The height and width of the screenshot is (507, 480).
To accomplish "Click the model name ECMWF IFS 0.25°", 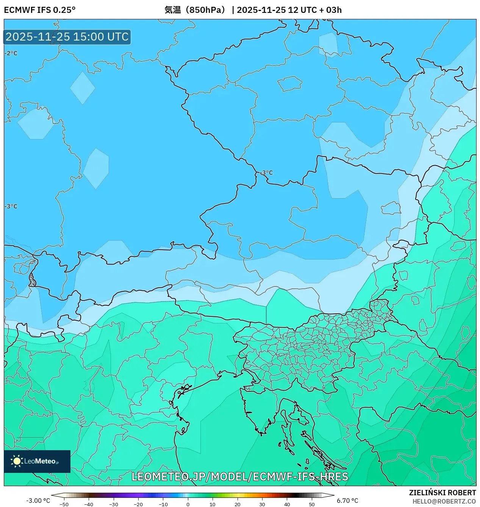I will [40, 10].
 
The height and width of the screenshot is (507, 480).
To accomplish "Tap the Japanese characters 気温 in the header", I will [172, 10].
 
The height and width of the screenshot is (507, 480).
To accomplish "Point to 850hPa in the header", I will [207, 10].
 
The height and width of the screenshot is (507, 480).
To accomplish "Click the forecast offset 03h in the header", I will [334, 10].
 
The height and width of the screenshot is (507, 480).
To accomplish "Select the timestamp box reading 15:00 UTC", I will [67, 37].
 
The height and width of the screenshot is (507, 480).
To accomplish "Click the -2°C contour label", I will [11, 53].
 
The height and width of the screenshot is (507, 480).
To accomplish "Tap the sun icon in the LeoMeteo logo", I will [17, 461].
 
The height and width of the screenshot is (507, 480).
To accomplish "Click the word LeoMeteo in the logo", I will [40, 461].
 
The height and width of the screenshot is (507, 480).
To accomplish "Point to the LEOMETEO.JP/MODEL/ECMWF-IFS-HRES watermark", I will [239, 477].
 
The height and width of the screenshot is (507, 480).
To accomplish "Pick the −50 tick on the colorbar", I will [64, 504].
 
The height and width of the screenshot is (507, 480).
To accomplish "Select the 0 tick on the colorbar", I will [188, 504].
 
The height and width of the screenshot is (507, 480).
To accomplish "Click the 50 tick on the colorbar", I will [311, 504].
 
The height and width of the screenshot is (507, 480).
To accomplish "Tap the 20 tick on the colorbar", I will [237, 504].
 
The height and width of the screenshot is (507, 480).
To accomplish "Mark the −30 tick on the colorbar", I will [114, 504].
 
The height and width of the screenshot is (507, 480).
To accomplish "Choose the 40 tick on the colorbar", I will [287, 504].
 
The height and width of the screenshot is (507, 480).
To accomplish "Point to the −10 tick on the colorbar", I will [163, 504].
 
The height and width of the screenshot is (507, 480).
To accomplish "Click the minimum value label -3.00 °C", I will [38, 501].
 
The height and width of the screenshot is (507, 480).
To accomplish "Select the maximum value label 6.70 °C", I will [347, 501].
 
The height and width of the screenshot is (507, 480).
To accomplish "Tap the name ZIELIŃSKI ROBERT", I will [442, 493].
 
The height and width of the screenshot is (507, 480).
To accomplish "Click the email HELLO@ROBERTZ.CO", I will [444, 501].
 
